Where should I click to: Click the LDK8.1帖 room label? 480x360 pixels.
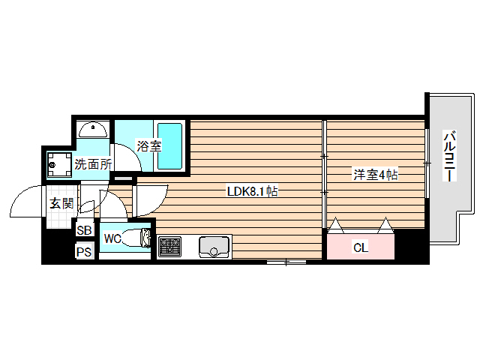[x=253, y=191]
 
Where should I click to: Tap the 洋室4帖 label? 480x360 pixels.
[x=376, y=175]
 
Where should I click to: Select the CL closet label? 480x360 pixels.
[x=361, y=246]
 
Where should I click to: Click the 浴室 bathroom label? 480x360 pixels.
[x=148, y=145]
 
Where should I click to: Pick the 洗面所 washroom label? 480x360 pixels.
[x=92, y=163]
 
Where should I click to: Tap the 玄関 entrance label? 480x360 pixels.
[x=61, y=202]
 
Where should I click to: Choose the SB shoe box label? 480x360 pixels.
[x=84, y=231]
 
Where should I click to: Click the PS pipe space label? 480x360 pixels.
[x=84, y=252]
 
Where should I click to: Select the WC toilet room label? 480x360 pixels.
[x=112, y=238]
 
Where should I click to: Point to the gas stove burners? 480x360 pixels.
[x=169, y=246]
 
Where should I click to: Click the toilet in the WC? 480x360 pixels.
[x=138, y=240]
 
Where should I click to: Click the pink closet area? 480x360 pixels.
[x=361, y=246]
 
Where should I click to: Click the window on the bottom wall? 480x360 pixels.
[x=286, y=262]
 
